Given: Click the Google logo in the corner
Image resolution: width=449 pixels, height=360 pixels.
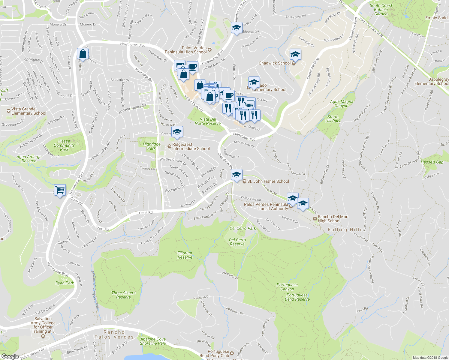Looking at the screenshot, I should coord(10,356).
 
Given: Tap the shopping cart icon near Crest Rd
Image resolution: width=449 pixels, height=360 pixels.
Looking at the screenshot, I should coord(60,190).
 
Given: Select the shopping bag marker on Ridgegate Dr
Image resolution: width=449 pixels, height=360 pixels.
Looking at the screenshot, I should coord(83,54).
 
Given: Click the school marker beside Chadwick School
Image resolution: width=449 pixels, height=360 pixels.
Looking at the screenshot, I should coord(295,55).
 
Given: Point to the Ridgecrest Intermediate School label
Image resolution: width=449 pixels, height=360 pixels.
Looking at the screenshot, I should coord(191,146).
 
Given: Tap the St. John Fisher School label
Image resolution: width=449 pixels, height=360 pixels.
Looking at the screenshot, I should coord(268,181).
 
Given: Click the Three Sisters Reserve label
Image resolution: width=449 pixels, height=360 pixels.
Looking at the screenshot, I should coord(123,295).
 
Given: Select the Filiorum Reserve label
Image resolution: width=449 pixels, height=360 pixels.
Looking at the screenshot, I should coord(185,255).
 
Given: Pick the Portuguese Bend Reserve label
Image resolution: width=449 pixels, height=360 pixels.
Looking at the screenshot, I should coord(297,297).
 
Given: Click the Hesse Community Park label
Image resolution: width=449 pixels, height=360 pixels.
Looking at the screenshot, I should coord(64,145).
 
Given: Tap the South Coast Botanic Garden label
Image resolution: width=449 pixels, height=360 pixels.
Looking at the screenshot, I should coord(381,10).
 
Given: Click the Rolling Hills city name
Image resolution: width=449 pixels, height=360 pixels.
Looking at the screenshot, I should coord(345,229).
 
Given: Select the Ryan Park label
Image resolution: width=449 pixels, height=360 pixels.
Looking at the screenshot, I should coord(65,283).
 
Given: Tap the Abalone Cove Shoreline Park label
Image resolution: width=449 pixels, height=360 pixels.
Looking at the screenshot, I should coord(153,341).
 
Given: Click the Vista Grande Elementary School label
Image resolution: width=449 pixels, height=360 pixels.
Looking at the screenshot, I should coord(29,111).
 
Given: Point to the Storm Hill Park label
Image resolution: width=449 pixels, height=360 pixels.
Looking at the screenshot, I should coord(333,119).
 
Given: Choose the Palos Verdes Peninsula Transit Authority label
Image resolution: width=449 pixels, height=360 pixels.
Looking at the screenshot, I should coord(266,206).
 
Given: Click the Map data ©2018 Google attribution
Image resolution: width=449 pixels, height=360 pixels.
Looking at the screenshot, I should coord(430,358).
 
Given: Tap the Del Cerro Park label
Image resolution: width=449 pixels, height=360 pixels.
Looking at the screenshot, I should coord(243,228).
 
